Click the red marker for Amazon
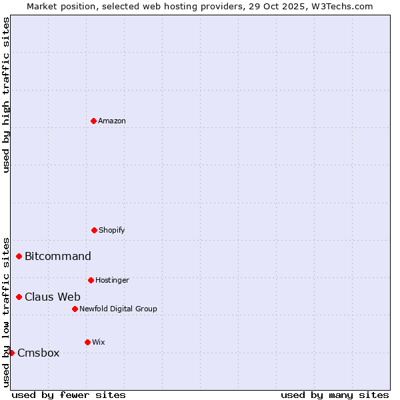tap(93, 121)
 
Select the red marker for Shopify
tap(94, 230)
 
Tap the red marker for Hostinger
tap(91, 280)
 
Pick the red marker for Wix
tap(87, 342)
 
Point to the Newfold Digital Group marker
tap(75, 309)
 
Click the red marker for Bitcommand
tap(19, 256)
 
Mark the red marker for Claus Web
tap(19, 297)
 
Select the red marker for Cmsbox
tap(11, 353)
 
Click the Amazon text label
tap(112, 121)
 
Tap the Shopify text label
tap(112, 230)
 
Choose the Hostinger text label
tap(112, 280)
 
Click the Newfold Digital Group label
tap(118, 309)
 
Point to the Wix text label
tap(99, 342)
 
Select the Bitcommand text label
tap(58, 256)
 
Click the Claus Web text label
tap(53, 297)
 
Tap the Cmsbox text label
tap(39, 353)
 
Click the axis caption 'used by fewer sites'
tap(69, 395)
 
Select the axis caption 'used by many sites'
tap(335, 395)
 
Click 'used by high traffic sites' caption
tap(6, 95)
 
